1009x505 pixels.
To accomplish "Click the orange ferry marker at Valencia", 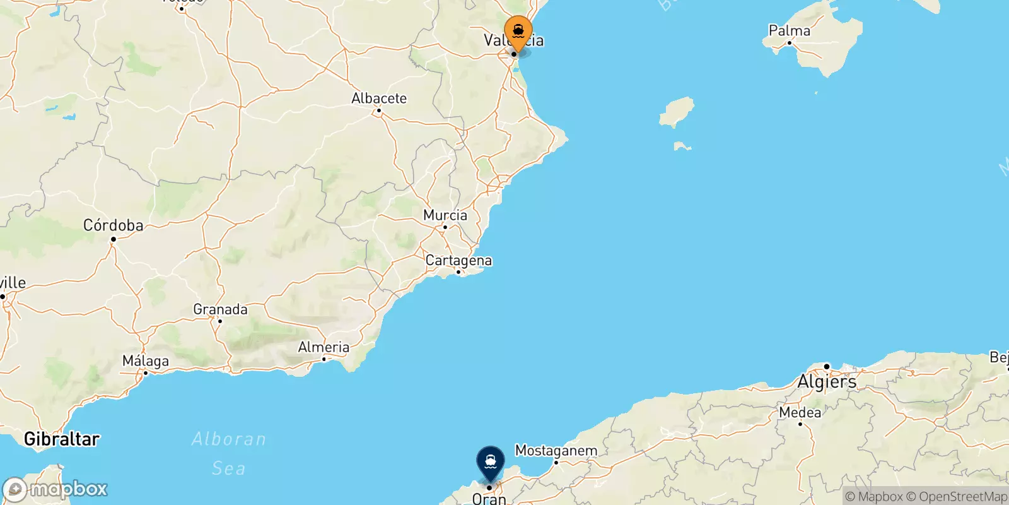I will click(518, 31).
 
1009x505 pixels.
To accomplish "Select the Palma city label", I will click(789, 30).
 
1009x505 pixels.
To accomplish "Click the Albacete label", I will click(378, 98).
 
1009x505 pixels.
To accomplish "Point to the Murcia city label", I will click(445, 215).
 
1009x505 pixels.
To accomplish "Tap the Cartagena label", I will click(458, 260).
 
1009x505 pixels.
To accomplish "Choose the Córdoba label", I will click(113, 225).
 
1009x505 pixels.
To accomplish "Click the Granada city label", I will click(220, 309).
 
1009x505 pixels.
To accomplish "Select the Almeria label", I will click(324, 347).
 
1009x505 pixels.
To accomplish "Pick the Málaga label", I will click(146, 361).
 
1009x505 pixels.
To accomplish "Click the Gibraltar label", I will click(61, 439).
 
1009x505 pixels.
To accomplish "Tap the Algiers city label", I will click(827, 382).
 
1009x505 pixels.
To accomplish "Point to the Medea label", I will click(800, 412).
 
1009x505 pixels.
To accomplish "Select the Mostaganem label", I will click(556, 451).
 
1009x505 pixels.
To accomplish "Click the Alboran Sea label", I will click(228, 453).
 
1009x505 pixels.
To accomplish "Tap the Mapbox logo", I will click(55, 489).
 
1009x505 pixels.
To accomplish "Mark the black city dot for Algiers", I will click(827, 366).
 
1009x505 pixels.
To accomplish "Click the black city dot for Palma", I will click(789, 43).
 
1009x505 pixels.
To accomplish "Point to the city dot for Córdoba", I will click(114, 239).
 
